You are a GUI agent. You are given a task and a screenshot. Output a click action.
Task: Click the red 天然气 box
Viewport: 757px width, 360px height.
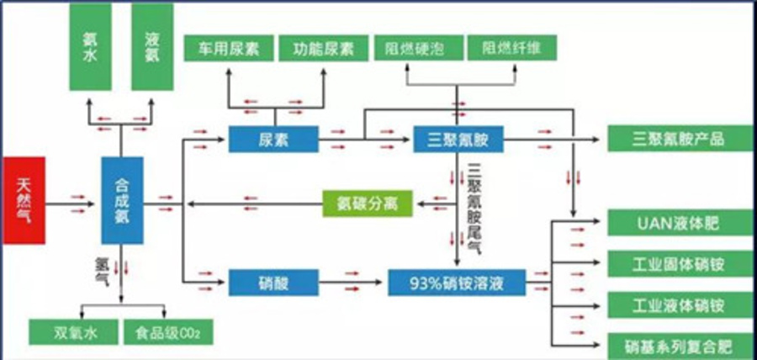(x=23, y=199)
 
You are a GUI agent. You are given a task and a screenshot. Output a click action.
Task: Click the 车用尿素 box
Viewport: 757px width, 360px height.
(x=228, y=48)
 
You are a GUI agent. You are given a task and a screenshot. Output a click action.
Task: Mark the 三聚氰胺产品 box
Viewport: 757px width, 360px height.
(x=679, y=138)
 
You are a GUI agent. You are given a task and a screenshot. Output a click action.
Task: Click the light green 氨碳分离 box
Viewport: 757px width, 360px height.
(x=367, y=203)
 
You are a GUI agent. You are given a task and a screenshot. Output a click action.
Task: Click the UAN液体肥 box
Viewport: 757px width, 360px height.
(x=679, y=224)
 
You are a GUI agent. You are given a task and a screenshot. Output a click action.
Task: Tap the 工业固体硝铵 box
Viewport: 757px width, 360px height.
(x=679, y=264)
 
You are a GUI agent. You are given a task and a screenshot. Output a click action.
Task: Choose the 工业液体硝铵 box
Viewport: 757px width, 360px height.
(x=679, y=304)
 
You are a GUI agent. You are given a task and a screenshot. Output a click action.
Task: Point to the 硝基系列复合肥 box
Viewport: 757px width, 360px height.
(x=679, y=344)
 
